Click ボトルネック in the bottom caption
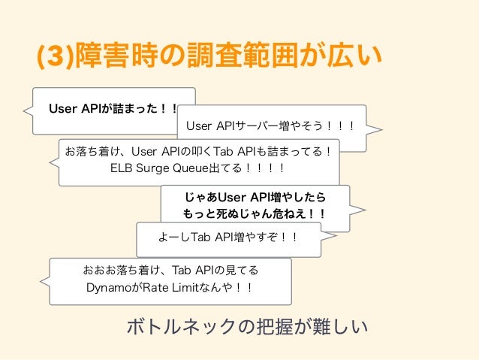point(180,327)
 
